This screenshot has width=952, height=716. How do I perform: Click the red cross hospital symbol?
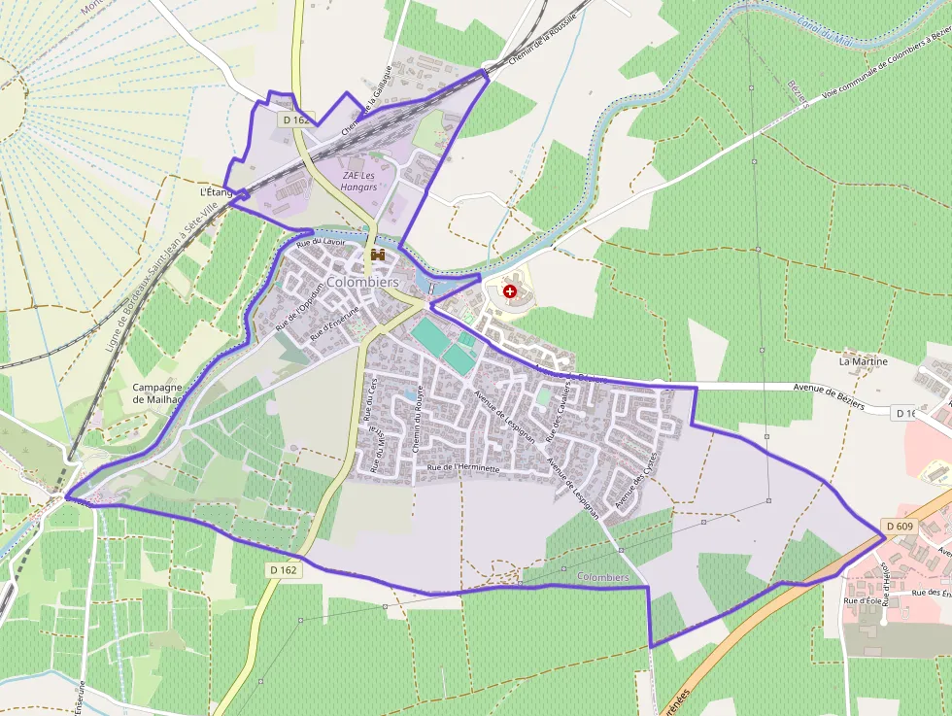pos(510,291)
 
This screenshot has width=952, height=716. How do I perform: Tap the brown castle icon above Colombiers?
pos(378,255)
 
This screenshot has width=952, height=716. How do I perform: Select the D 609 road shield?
pos(899,527)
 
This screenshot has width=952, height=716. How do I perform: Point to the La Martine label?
pos(864,361)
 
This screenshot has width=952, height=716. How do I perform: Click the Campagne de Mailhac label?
pos(157,392)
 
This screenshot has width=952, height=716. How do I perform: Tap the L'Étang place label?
pos(217,192)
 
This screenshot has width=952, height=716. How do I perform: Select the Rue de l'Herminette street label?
pos(463,468)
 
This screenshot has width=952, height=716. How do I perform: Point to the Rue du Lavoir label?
pos(322,242)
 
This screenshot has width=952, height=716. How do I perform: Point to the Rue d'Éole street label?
pos(861,601)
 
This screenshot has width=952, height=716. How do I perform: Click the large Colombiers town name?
pos(363,282)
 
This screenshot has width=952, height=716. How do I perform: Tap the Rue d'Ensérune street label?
pos(335,323)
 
